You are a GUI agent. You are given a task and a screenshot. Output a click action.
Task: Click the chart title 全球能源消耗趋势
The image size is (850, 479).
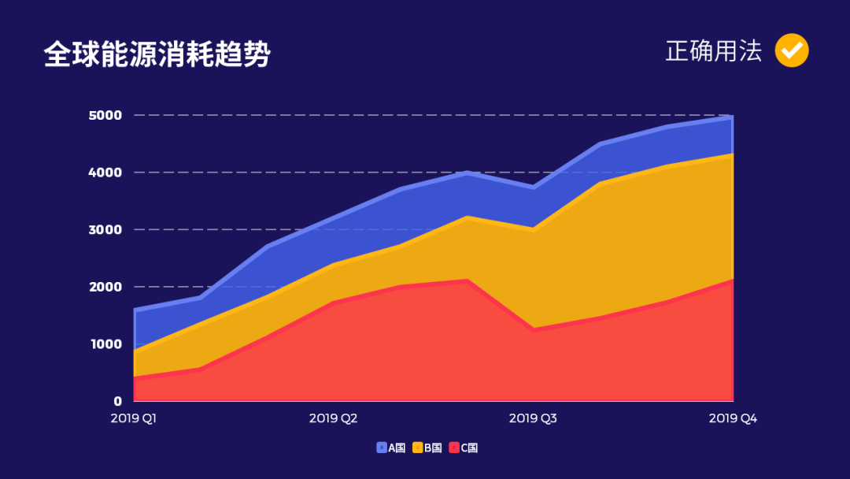(157, 54)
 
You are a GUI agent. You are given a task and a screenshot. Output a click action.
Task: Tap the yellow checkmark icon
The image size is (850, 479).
(791, 51)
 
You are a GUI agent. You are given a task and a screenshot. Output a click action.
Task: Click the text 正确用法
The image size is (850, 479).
(713, 51)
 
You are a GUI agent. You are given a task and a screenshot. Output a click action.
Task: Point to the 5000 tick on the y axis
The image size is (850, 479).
(105, 115)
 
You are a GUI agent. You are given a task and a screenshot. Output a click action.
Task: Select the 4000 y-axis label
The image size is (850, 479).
(105, 173)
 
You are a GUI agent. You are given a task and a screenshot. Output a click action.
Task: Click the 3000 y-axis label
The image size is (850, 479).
(105, 229)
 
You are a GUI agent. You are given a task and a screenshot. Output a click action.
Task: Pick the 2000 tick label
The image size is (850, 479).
(105, 287)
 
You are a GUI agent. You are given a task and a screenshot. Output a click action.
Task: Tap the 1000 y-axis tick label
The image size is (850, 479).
(105, 344)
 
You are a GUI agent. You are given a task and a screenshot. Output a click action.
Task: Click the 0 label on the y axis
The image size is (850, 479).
(117, 401)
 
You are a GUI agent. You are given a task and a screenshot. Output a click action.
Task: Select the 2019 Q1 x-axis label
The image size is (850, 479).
(134, 418)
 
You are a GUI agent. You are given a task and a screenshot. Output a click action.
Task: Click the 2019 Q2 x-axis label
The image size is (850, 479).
(334, 418)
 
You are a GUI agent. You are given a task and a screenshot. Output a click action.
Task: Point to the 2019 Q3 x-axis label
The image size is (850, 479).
(533, 418)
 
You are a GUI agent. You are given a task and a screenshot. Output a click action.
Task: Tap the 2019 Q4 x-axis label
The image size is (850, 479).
(733, 418)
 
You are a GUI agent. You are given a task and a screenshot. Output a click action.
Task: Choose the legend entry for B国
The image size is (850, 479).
(427, 447)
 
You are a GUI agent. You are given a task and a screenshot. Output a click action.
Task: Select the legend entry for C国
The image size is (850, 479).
(464, 447)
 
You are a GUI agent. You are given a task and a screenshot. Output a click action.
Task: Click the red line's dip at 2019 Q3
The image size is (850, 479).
(534, 329)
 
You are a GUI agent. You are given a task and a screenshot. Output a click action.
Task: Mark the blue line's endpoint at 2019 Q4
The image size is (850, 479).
(733, 117)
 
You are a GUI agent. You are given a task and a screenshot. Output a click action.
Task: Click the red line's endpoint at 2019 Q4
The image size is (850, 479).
(733, 280)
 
